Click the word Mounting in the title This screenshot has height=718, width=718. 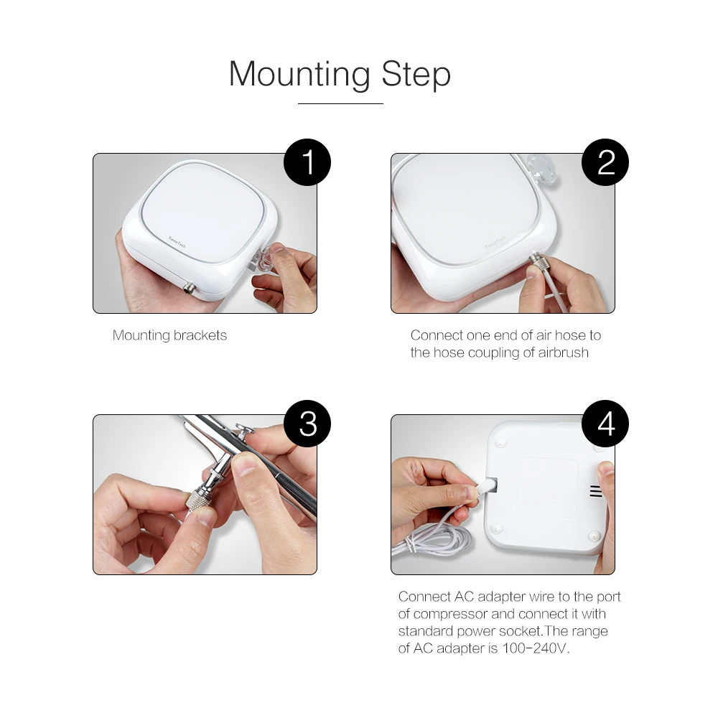tap(299, 75)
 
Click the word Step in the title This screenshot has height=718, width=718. tap(416, 75)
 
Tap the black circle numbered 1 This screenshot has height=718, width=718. tap(307, 162)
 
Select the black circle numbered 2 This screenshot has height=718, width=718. tap(605, 162)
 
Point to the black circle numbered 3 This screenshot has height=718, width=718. tap(307, 424)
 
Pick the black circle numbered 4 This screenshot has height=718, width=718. tap(605, 424)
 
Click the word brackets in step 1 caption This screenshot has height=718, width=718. tap(200, 335)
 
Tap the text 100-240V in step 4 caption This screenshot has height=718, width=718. tap(536, 648)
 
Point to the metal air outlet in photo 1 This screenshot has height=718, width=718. tap(189, 289)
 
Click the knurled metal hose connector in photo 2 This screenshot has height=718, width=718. tap(536, 262)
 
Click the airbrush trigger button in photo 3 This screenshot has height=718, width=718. tap(245, 430)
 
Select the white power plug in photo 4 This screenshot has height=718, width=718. tap(486, 488)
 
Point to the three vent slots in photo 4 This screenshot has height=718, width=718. tap(596, 491)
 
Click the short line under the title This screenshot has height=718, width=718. tap(340, 103)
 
